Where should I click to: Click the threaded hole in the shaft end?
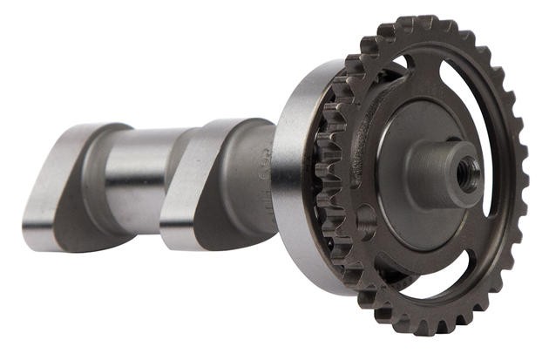(469, 172)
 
